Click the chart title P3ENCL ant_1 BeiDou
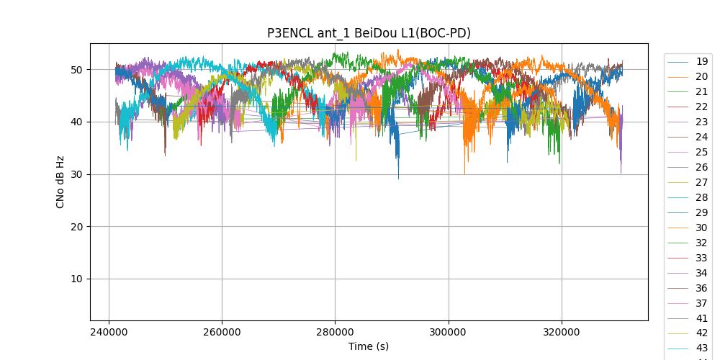(x=369, y=32)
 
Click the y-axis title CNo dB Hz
(x=60, y=181)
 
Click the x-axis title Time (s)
(x=369, y=346)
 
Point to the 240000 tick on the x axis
(x=109, y=333)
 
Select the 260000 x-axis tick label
(x=222, y=333)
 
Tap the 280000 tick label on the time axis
(x=335, y=333)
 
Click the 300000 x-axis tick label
(x=449, y=333)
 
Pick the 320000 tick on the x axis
(x=562, y=333)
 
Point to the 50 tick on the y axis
(x=76, y=70)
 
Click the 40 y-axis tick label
(x=76, y=122)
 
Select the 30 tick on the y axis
(x=76, y=174)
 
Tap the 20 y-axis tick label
(x=76, y=227)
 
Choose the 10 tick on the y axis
(x=76, y=279)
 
